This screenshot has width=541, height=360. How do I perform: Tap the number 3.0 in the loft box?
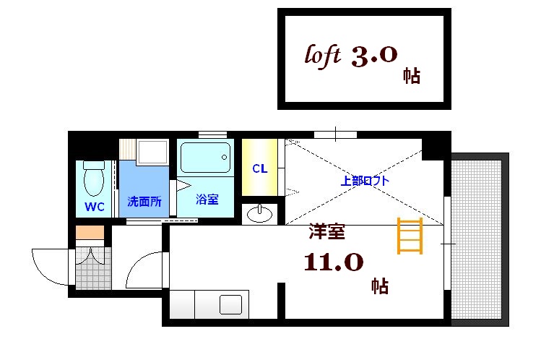coord(373,57)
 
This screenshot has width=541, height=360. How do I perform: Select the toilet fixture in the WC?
coord(94,179)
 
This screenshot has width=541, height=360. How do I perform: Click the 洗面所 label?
coord(144,201)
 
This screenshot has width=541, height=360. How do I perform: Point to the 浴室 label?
coord(207,199)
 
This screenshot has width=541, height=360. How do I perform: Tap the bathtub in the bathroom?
coord(206,157)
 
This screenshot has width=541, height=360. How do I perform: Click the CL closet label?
coord(260,169)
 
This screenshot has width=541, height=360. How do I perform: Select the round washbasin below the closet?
coord(260,214)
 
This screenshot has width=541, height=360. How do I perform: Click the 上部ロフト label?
coord(365,181)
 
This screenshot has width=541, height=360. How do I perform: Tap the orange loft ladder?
coord(410,236)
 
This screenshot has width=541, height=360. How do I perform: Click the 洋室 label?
coord(326,233)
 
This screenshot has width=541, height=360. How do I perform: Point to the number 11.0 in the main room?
coord(333,262)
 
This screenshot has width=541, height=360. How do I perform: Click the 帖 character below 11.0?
coord(380,286)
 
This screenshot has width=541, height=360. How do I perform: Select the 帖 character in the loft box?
coord(412,76)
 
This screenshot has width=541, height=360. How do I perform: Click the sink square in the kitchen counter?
coord(232,305)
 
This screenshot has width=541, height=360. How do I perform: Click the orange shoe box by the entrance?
coord(90,233)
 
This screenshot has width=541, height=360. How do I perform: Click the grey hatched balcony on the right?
coord(476,239)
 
